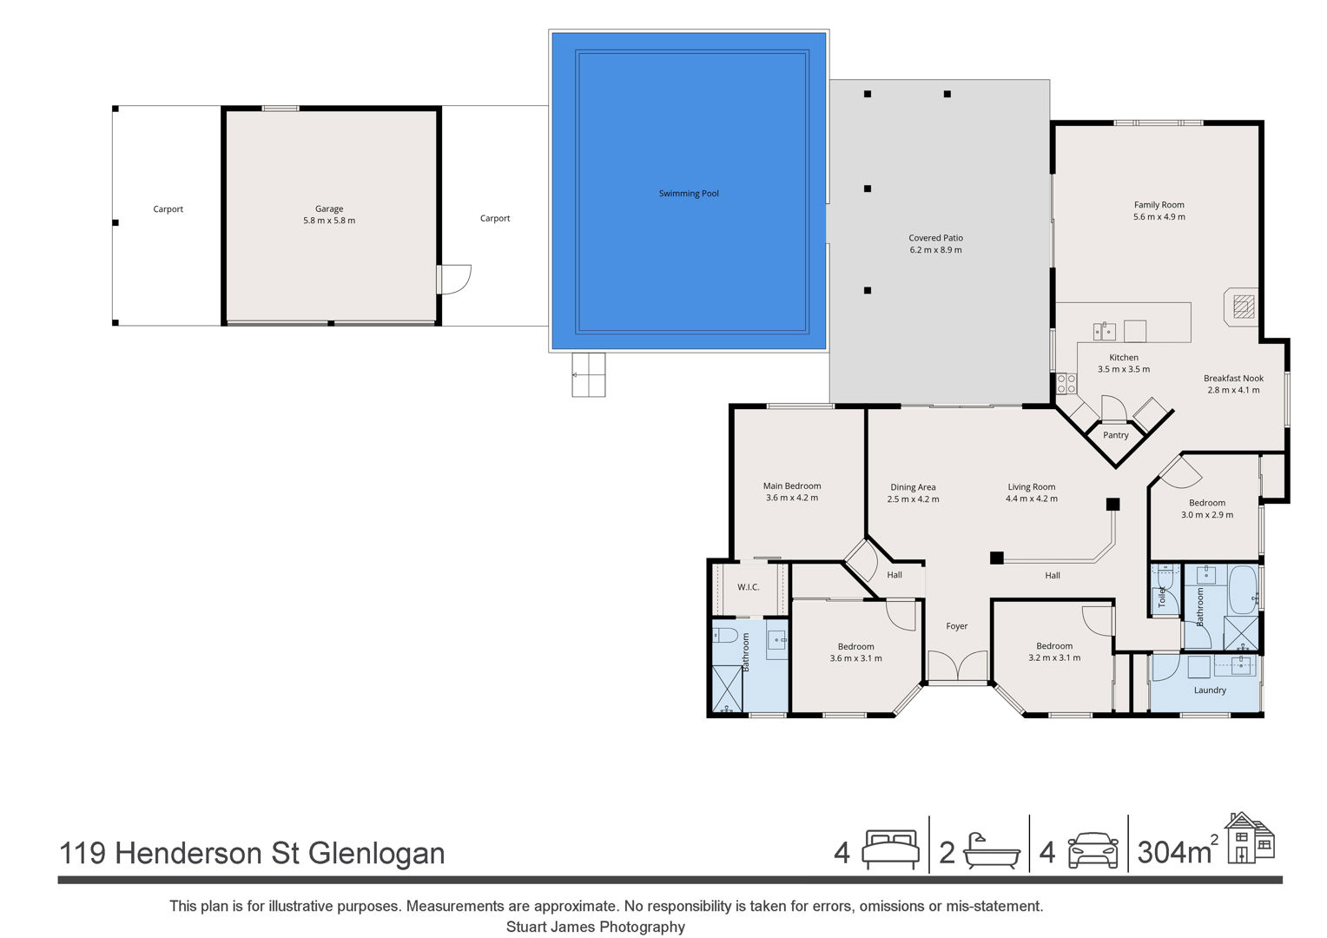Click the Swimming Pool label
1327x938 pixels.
[689, 193]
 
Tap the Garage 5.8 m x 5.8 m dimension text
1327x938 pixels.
[329, 221]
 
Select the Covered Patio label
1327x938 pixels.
[935, 238]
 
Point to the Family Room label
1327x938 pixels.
[1159, 205]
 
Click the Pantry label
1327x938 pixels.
[1115, 435]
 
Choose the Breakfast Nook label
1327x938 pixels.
[1233, 378]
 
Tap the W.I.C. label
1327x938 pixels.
[748, 587]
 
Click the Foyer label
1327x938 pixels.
[957, 625]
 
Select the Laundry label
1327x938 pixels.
[1210, 690]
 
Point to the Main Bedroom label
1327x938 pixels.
[791, 486]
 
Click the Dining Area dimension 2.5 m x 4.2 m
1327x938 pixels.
[913, 499]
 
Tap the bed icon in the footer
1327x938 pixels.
[890, 849]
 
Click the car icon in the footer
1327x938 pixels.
[1093, 850]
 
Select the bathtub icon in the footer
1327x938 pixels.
[991, 851]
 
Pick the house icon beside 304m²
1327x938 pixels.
[1250, 838]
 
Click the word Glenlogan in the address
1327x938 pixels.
[376, 854]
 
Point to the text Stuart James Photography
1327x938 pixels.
[596, 927]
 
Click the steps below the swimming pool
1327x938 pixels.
[588, 375]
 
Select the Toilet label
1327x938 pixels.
[1162, 597]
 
